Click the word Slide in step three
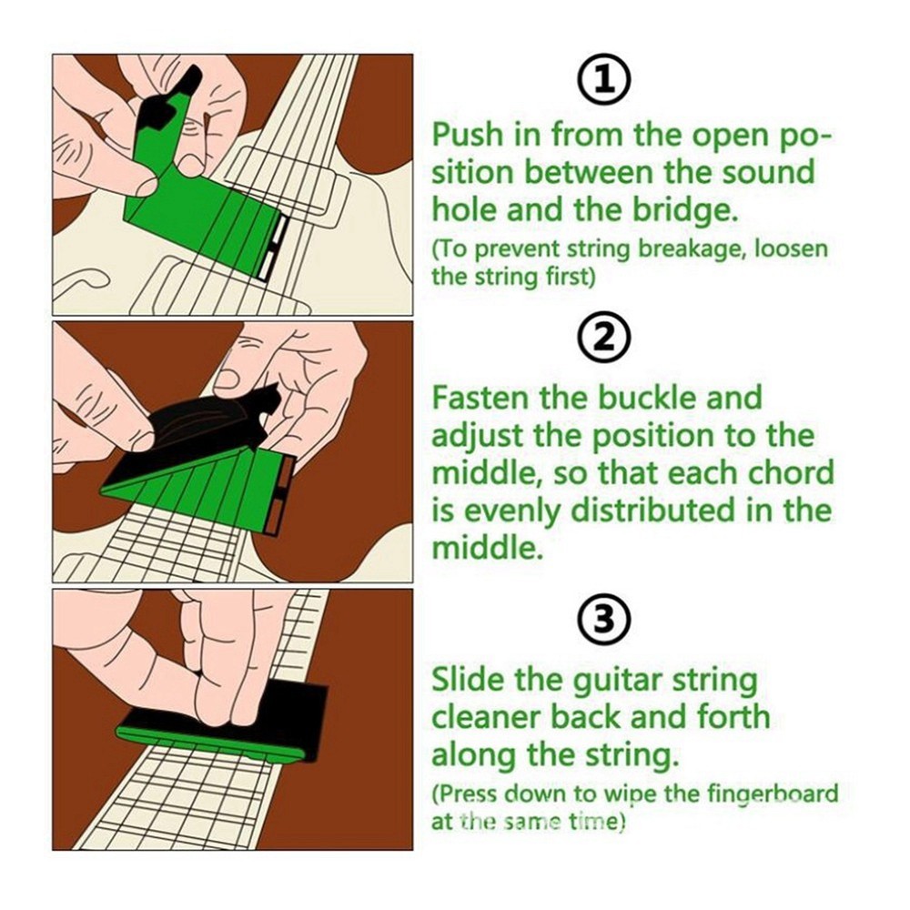470,679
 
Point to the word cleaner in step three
491,717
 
